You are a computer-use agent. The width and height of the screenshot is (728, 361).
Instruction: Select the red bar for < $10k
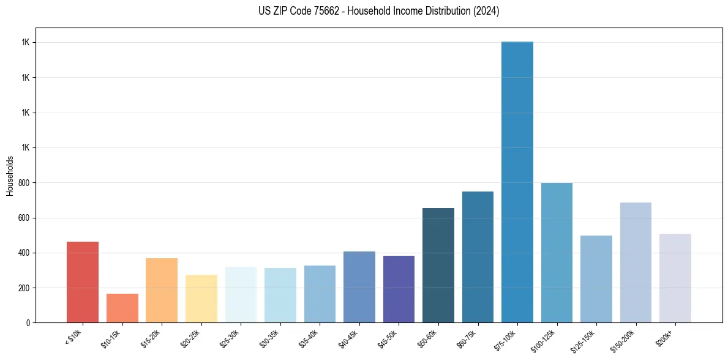click(83, 282)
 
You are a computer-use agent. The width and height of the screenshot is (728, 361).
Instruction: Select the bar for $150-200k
click(636, 262)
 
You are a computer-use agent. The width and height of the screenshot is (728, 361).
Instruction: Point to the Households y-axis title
click(10, 176)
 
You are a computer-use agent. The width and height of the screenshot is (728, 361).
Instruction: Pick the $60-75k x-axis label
click(467, 338)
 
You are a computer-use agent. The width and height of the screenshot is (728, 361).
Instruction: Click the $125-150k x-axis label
click(584, 340)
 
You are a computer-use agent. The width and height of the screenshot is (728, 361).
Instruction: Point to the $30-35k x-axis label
click(270, 338)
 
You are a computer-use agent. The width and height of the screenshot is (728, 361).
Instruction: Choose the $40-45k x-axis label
click(349, 338)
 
